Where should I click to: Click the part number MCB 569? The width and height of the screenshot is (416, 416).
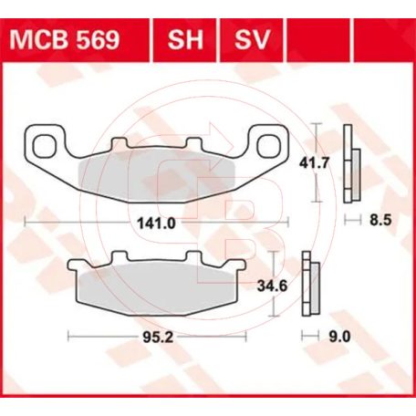(65, 39)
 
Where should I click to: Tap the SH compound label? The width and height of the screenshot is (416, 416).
(185, 39)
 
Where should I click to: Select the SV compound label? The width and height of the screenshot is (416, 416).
(252, 39)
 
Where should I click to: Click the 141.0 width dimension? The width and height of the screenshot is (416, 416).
(156, 224)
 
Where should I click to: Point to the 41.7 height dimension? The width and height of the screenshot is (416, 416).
(314, 163)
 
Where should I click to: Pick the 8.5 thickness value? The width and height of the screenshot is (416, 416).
(380, 220)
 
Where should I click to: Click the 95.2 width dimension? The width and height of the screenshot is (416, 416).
(158, 337)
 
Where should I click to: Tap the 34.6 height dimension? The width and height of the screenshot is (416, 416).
(272, 286)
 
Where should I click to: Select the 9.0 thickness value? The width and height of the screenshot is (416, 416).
(339, 337)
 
